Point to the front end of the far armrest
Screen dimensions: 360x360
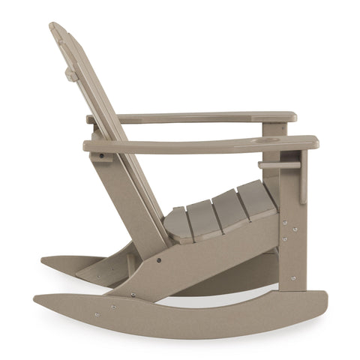point(291,117)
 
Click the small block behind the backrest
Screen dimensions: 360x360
point(71,74)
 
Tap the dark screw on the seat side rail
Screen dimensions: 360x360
point(158,260)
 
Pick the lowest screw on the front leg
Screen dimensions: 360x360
point(292,277)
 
